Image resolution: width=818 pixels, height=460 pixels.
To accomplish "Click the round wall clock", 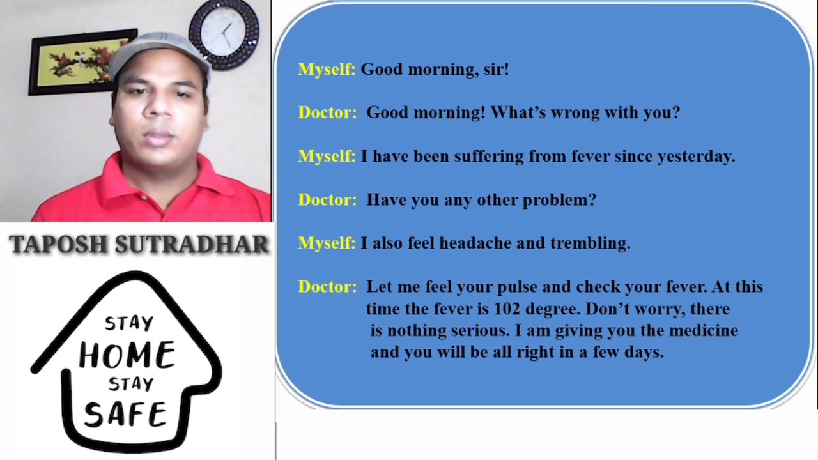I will coord(224,33).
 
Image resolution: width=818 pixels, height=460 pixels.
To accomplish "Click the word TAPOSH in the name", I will coord(58,244).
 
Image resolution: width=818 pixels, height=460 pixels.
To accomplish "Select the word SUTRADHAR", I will coord(192,244).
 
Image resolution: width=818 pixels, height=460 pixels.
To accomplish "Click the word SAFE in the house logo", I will coord(125,414).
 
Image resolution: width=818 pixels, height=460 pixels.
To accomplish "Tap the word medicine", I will coord(703,330).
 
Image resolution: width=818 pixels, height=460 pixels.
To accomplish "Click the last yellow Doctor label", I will coord(327,287).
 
